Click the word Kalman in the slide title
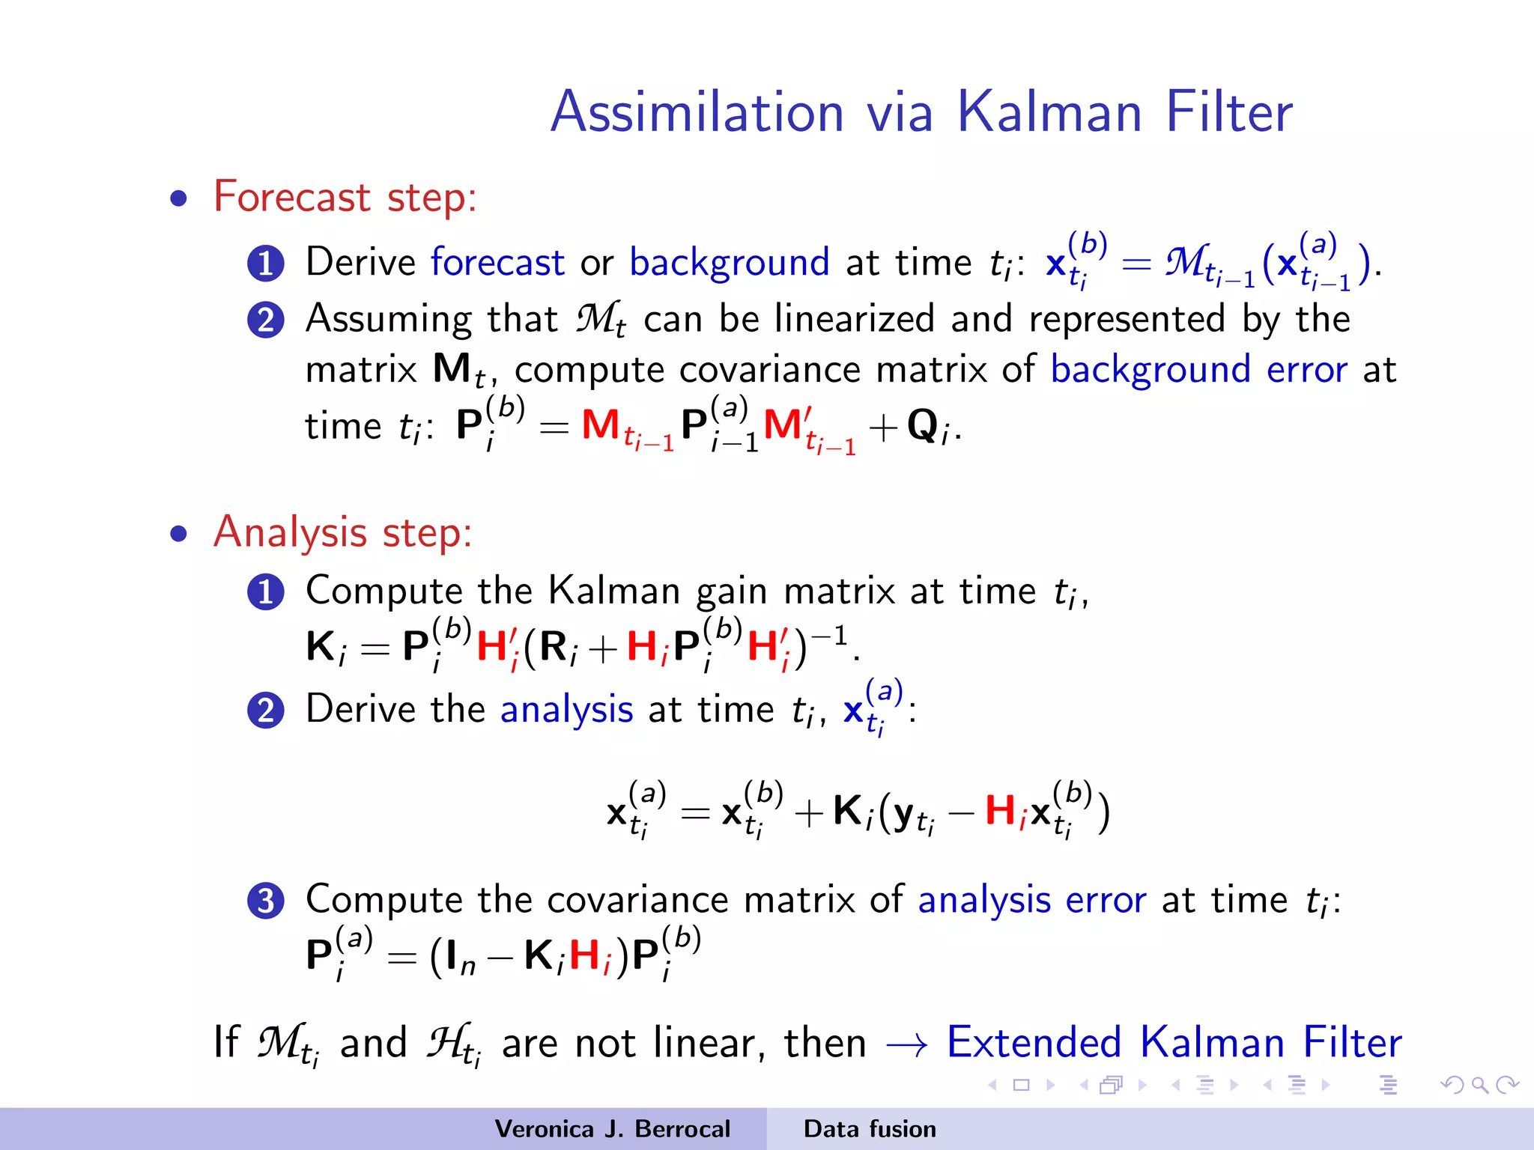click(1050, 112)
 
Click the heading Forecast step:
click(345, 197)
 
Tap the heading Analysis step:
click(342, 532)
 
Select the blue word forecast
click(497, 263)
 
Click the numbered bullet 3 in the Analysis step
click(266, 901)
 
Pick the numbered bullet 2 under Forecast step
click(266, 320)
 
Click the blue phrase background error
click(1198, 370)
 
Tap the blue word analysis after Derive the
click(566, 709)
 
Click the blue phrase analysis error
click(1031, 899)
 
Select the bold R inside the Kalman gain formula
click(553, 646)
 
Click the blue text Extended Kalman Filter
click(1174, 1042)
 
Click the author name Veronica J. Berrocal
click(612, 1129)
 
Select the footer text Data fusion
click(870, 1129)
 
